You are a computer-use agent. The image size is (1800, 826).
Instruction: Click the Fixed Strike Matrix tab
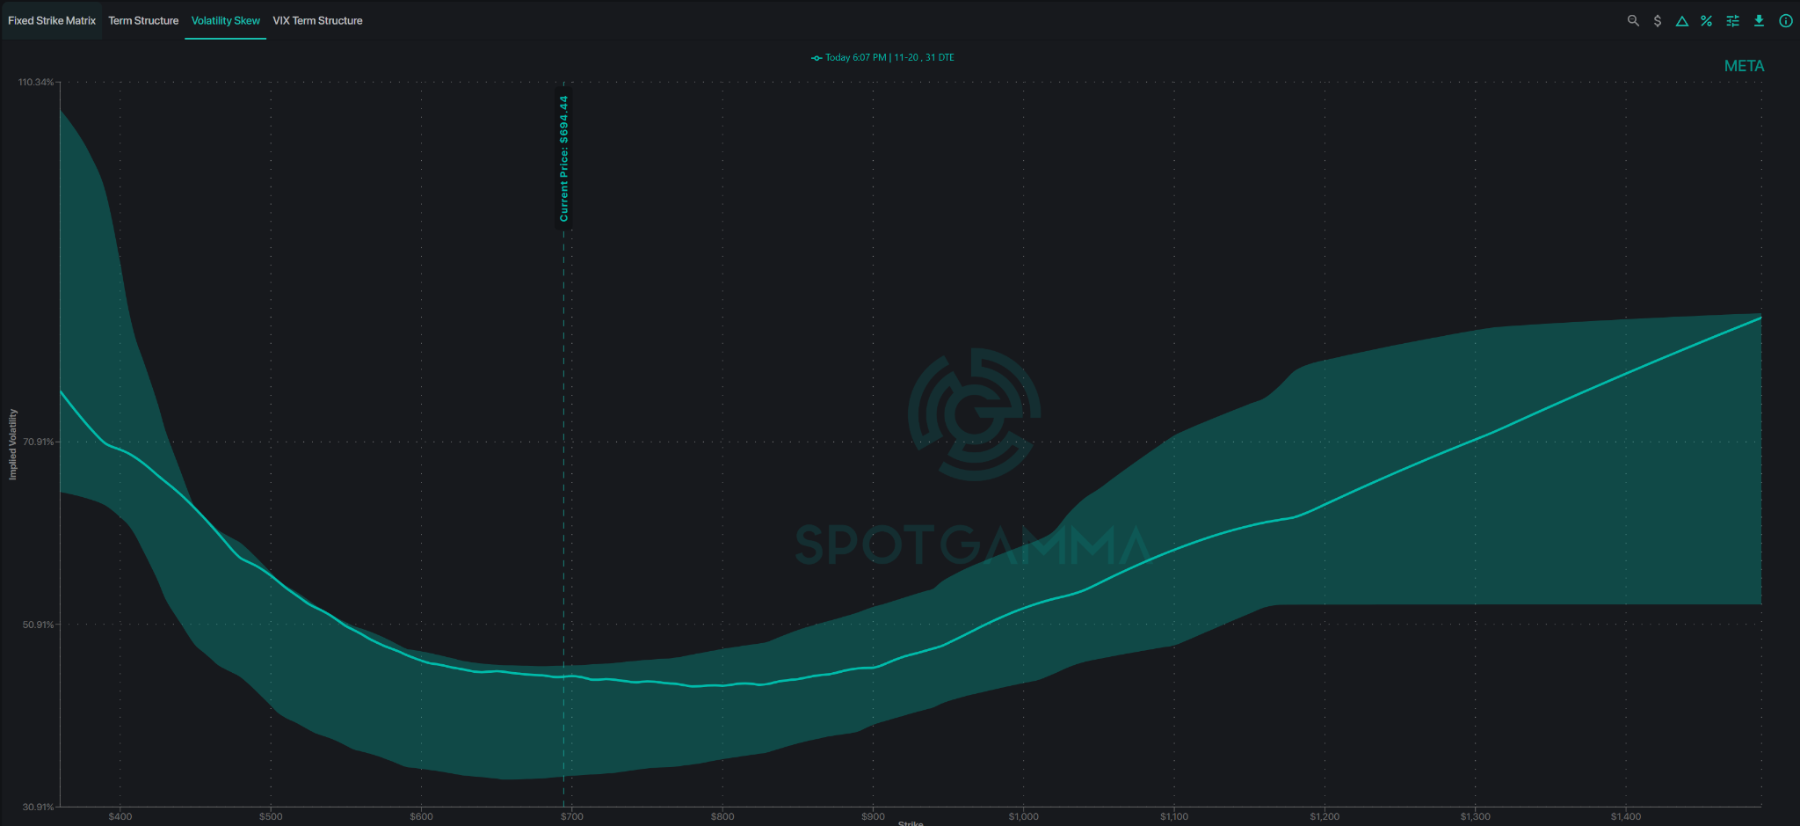coord(52,20)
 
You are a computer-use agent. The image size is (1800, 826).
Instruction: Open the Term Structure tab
coord(143,20)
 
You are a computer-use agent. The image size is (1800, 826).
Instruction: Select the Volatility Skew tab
coord(226,20)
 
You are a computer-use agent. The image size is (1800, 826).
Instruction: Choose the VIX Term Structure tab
coord(317,20)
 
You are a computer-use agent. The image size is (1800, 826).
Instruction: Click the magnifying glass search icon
coord(1633,20)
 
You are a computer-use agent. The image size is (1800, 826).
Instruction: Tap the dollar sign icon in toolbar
coord(1658,20)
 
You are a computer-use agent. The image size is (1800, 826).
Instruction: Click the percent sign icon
coord(1706,20)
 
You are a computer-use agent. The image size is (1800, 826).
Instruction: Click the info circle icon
coord(1786,20)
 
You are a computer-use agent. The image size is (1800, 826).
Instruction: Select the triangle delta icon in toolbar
coord(1681,21)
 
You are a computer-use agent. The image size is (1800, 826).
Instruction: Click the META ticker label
coord(1744,66)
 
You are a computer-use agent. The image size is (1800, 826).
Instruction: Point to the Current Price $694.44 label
coord(564,158)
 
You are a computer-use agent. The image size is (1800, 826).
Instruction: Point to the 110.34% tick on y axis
coord(36,82)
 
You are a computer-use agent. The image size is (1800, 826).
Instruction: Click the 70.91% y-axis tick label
coord(39,442)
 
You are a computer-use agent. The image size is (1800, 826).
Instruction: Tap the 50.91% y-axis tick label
coord(39,625)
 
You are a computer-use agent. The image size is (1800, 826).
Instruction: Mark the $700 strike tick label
coord(572,816)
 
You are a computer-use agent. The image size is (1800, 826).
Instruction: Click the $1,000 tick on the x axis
coord(1024,816)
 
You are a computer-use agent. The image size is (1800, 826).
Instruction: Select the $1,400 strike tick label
coord(1626,816)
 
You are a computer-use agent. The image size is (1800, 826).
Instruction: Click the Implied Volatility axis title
coord(12,444)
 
